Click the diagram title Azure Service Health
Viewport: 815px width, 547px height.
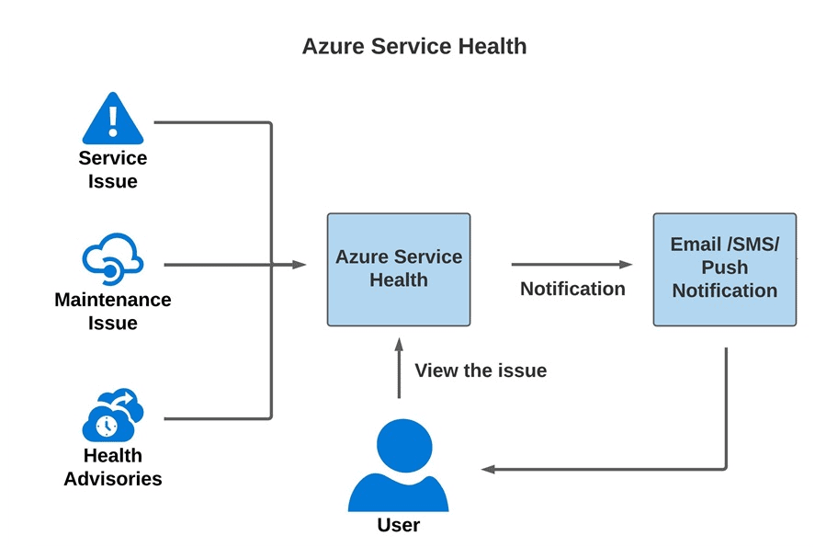(414, 46)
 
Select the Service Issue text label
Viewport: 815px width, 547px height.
(112, 170)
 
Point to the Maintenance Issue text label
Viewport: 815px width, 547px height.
(112, 312)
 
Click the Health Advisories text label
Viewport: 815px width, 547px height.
(112, 467)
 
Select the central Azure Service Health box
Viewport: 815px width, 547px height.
(399, 269)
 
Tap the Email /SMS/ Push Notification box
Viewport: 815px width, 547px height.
(724, 268)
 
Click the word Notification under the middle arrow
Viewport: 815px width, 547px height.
(572, 289)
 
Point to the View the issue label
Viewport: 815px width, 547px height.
(481, 370)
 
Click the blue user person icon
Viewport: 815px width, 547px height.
(398, 469)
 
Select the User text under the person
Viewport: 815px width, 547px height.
(398, 526)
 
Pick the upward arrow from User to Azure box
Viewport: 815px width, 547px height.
(399, 367)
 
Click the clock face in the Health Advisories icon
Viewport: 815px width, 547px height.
(107, 426)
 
